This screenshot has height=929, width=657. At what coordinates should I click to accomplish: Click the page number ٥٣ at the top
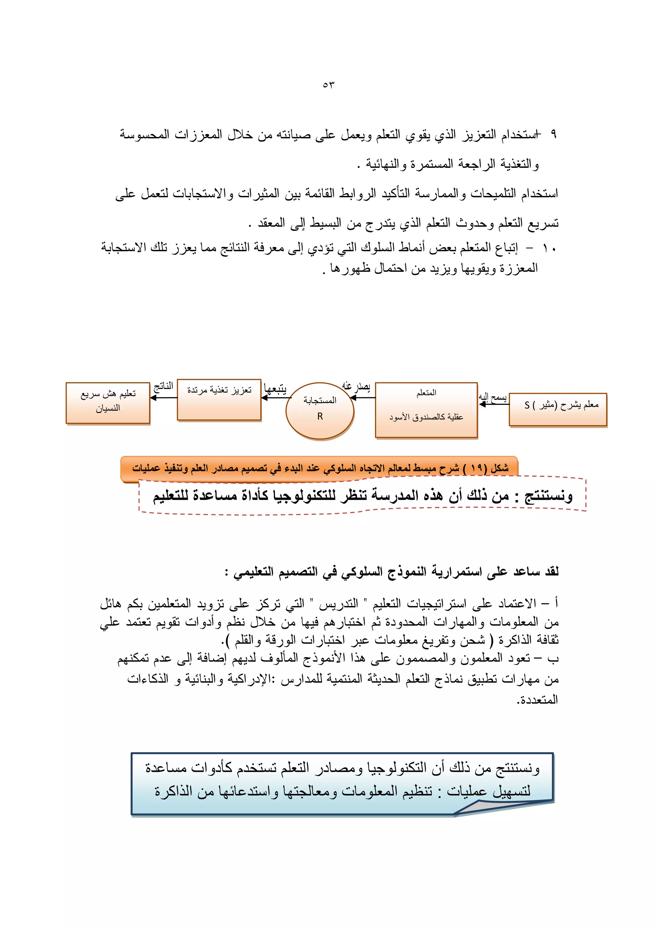(x=328, y=85)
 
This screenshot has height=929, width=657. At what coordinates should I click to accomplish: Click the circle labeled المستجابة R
(x=320, y=410)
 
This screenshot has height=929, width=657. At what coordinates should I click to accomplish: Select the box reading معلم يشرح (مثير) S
(x=558, y=409)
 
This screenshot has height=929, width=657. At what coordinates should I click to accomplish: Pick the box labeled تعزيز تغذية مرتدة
(x=219, y=400)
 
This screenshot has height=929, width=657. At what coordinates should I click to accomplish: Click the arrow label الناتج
(x=163, y=387)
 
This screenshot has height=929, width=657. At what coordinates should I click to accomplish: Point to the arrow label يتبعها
(x=275, y=389)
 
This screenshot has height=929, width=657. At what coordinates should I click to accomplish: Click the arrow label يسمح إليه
(x=493, y=398)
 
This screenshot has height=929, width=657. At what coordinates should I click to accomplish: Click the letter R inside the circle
(x=320, y=417)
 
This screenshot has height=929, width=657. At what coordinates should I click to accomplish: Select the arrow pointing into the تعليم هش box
(x=163, y=398)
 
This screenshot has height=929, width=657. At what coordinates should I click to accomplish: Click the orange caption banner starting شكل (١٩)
(x=320, y=468)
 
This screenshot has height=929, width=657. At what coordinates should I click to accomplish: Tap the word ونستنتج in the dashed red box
(x=548, y=496)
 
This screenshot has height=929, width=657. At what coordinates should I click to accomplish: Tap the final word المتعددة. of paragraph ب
(x=537, y=700)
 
